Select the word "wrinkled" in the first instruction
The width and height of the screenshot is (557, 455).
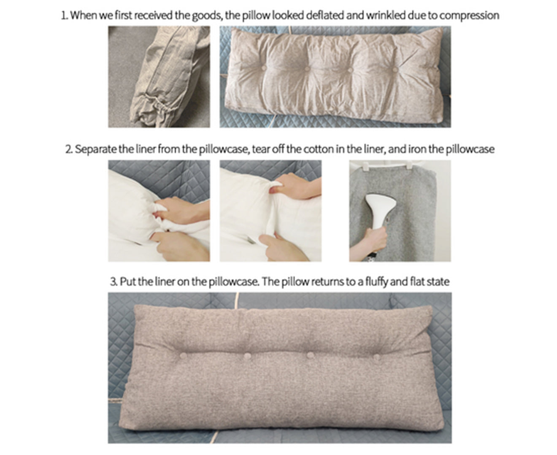pos(385,16)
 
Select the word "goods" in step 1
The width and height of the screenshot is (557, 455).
pos(207,16)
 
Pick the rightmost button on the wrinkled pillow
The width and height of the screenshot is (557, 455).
pos(395,68)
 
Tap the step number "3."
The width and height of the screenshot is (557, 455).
pos(114,281)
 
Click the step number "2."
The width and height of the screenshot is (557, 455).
pos(69,149)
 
